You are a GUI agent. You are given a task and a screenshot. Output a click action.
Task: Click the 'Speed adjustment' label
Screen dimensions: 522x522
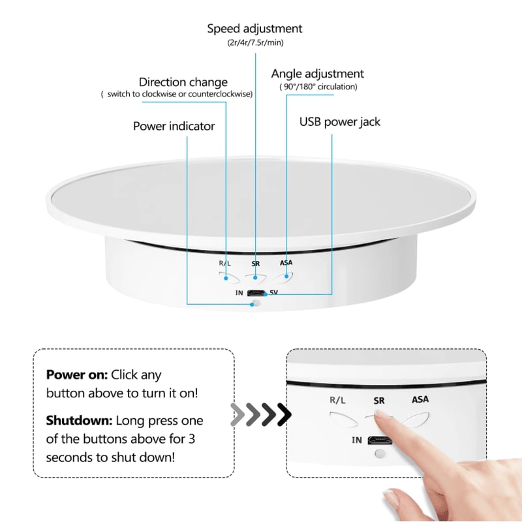[254, 29]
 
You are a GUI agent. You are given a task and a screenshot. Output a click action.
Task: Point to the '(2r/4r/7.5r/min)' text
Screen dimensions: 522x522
[254, 43]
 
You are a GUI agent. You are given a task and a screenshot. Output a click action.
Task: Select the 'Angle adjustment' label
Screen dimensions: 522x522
[318, 74]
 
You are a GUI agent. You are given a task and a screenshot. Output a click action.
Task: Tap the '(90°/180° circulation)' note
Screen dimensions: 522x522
[318, 87]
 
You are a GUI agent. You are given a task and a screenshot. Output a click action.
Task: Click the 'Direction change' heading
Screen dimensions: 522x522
[183, 82]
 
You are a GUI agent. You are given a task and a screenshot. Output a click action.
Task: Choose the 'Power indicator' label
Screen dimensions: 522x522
[174, 126]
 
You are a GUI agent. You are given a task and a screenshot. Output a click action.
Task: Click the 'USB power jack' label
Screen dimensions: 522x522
[339, 122]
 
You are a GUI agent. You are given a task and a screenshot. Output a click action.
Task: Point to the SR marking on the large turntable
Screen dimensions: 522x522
[256, 264]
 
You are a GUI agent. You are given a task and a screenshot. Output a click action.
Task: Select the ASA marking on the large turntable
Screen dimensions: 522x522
[286, 264]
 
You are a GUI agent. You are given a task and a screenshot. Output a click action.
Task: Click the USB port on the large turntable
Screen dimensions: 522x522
[256, 293]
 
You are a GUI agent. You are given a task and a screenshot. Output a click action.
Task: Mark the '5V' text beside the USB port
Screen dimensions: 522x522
[274, 293]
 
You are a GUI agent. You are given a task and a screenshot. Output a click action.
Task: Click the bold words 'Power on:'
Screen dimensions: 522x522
[76, 375]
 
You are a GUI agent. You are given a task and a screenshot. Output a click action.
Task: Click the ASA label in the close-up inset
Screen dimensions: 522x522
[420, 399]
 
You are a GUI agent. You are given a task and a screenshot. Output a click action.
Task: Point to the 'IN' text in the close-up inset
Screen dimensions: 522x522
[357, 440]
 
